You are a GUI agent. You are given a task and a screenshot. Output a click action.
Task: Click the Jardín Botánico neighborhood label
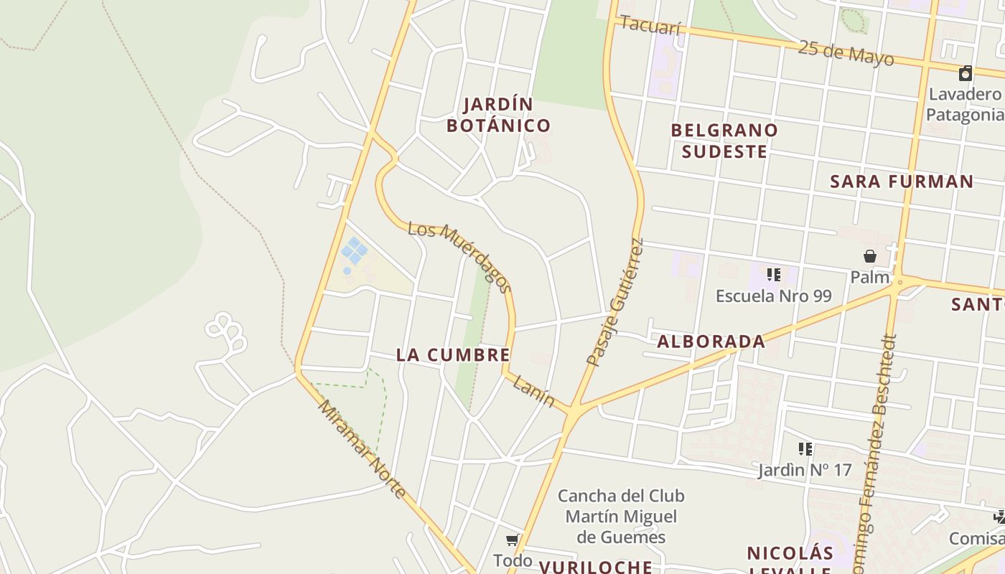click(x=498, y=115)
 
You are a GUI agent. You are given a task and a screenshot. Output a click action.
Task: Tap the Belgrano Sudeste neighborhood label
click(x=724, y=141)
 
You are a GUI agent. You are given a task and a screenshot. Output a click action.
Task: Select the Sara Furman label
click(x=902, y=182)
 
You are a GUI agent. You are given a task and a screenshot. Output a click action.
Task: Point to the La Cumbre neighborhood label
click(x=453, y=355)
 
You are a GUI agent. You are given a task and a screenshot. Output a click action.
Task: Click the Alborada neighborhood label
click(x=711, y=342)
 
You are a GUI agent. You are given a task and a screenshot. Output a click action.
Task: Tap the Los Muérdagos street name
click(x=460, y=257)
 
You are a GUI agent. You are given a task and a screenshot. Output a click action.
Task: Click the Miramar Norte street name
click(x=363, y=449)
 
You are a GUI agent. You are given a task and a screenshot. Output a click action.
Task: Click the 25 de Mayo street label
click(x=846, y=52)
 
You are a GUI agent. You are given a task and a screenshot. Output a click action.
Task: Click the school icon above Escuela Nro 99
click(x=773, y=275)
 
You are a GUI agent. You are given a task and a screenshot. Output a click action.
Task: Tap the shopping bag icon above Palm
click(x=869, y=256)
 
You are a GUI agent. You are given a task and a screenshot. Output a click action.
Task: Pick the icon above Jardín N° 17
click(x=805, y=449)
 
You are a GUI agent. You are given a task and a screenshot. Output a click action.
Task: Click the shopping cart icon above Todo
click(x=512, y=540)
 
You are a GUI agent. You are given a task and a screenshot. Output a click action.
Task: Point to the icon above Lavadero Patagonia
click(x=966, y=73)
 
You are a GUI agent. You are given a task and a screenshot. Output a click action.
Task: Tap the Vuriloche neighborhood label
click(x=595, y=567)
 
